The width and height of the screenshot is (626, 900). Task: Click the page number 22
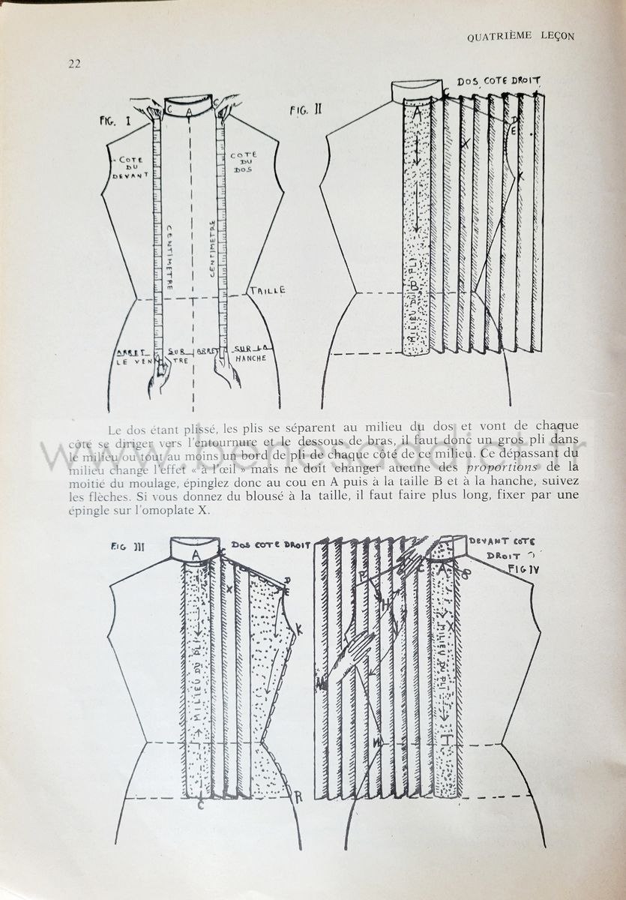click(73, 64)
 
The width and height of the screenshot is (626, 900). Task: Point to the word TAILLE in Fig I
click(267, 290)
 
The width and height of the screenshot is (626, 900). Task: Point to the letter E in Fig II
click(514, 131)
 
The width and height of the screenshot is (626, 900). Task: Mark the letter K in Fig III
click(298, 631)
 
